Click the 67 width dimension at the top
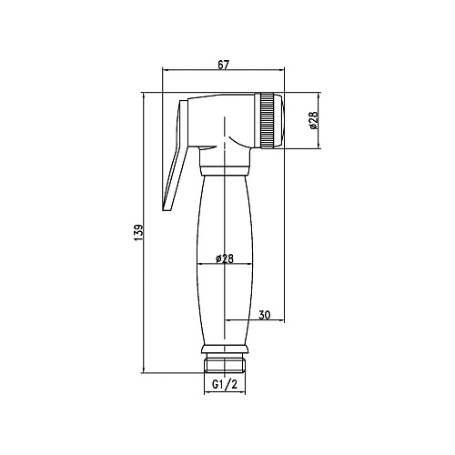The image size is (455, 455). click(x=224, y=63)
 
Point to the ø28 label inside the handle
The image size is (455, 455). click(x=225, y=258)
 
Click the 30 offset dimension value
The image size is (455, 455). click(x=265, y=315)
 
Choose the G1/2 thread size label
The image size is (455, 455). click(x=224, y=386)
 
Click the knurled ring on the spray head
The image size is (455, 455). click(x=268, y=119)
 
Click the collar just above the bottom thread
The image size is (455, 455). click(x=224, y=348)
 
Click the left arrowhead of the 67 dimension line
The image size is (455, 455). click(x=165, y=71)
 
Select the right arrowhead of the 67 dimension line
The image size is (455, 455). click(x=286, y=71)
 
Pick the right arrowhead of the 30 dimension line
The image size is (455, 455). click(x=286, y=322)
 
